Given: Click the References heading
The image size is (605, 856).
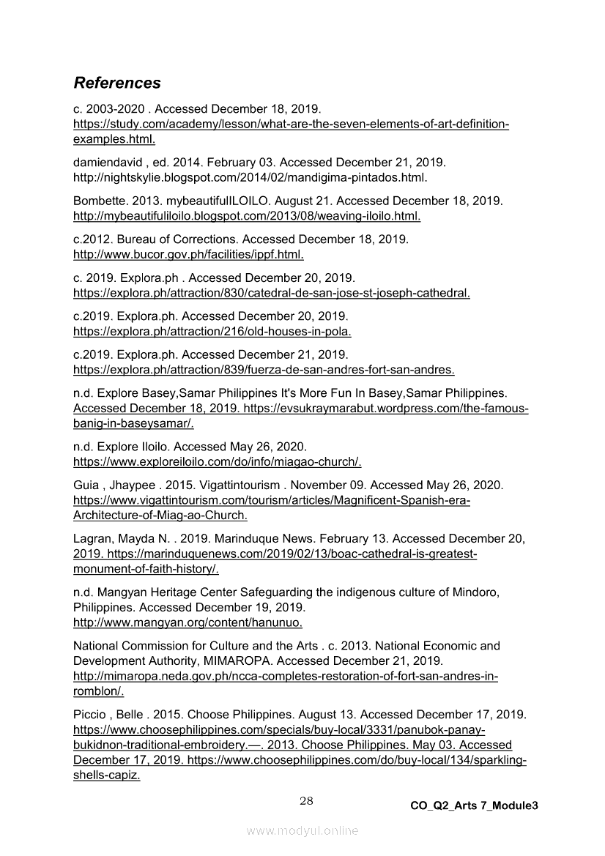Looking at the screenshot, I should tap(117, 83).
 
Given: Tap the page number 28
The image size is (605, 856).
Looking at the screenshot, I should tap(306, 801).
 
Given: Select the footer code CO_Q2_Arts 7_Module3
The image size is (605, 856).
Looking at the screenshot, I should tap(474, 805).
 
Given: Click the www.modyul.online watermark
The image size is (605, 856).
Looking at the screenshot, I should tap(302, 830).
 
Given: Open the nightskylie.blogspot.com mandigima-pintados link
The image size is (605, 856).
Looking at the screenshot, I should tap(250, 178).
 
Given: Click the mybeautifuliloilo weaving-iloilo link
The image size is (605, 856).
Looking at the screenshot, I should tap(247, 216).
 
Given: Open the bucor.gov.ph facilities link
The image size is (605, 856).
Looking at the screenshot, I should tap(188, 255).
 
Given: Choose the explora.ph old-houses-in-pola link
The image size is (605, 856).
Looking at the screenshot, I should tap(212, 331).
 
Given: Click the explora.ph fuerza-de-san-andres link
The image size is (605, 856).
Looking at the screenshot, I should tap(264, 369).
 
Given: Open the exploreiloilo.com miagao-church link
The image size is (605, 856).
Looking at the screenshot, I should tap(218, 461).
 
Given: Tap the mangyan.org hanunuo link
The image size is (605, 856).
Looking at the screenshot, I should tap(188, 622).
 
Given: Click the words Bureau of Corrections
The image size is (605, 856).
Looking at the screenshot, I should tap(175, 239).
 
